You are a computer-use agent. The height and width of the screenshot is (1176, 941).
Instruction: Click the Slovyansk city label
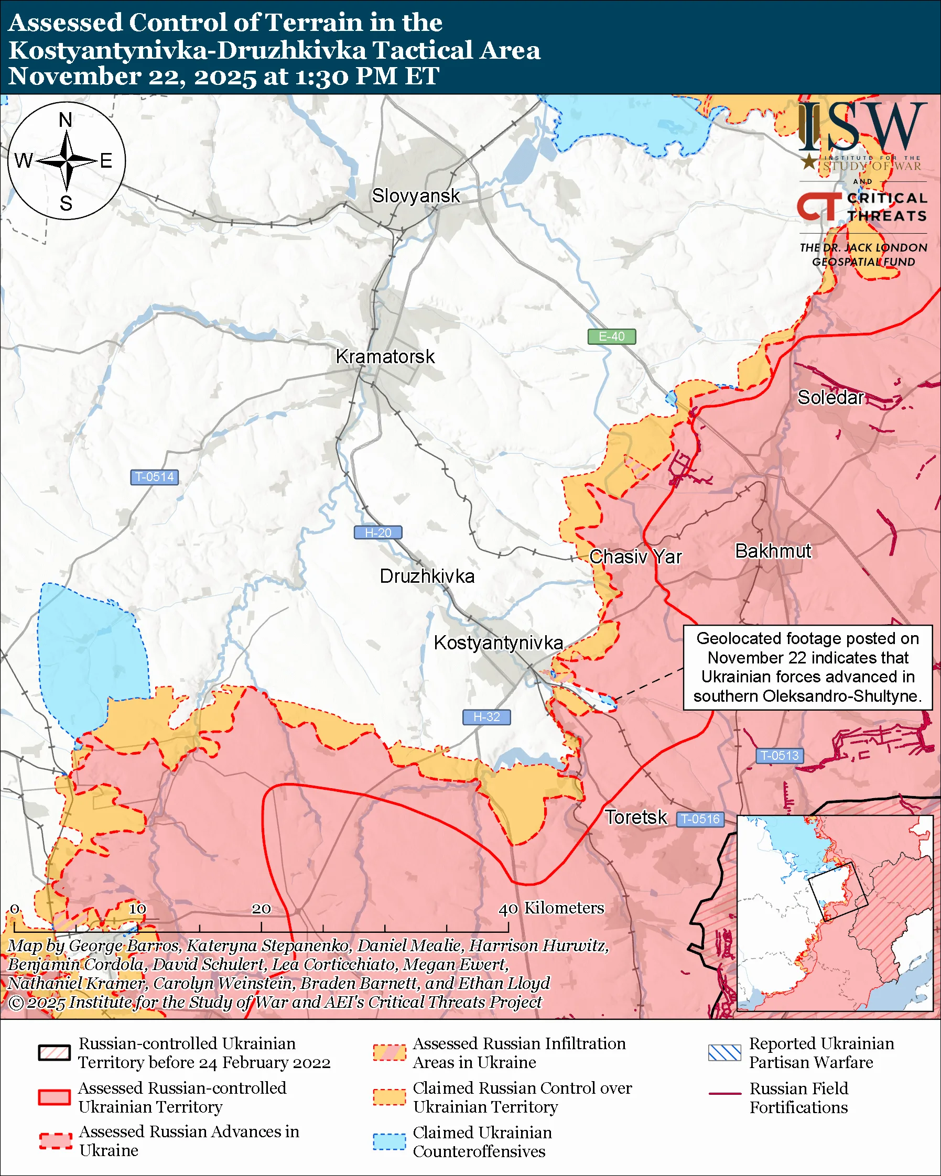tap(416, 196)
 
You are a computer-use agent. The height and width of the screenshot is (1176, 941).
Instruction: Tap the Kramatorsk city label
tap(385, 357)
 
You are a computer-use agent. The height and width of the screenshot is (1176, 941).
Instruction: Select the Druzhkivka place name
tap(427, 576)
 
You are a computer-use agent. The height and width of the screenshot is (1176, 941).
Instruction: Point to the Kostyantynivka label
tap(498, 643)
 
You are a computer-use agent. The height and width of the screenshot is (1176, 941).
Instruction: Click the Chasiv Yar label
tap(635, 557)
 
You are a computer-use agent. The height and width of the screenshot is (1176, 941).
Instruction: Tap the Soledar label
tap(830, 398)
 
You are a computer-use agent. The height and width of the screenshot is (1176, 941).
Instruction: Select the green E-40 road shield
tap(611, 336)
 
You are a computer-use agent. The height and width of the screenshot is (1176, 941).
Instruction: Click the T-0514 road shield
tap(154, 477)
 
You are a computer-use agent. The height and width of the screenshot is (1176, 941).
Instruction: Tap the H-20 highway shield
tap(378, 532)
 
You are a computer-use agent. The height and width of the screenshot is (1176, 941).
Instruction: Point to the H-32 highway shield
tap(486, 717)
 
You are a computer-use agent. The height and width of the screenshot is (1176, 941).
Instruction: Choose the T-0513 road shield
tap(779, 756)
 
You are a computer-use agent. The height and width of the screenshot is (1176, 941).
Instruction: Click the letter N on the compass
tap(66, 119)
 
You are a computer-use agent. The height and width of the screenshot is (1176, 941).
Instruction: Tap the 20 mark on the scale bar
tap(261, 909)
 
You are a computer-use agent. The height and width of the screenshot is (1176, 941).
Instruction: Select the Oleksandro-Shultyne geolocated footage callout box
tap(807, 667)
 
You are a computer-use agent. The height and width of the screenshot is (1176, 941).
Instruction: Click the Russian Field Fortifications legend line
tap(724, 1094)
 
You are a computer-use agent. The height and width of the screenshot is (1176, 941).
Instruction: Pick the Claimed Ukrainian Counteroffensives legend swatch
tap(390, 1141)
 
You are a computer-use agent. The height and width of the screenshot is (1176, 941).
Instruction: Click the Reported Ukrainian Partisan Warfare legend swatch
tap(724, 1053)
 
